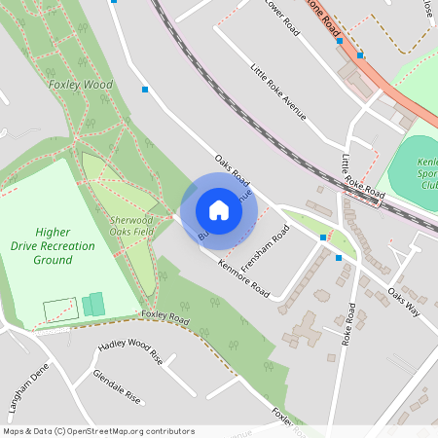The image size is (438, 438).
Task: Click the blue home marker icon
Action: pos(219,209)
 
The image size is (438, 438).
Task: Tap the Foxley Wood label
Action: pos(81,85)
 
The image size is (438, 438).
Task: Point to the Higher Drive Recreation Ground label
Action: pos(64,246)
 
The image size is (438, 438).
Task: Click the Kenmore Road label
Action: pos(243,277)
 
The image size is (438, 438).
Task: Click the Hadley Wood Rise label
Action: pos(130,351)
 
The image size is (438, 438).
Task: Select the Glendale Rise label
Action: pos(118,386)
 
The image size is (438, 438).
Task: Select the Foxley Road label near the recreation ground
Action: pos(164,316)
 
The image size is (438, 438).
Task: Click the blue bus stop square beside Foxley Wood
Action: pos(145,90)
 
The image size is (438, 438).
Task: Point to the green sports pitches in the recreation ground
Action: pos(93,305)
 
